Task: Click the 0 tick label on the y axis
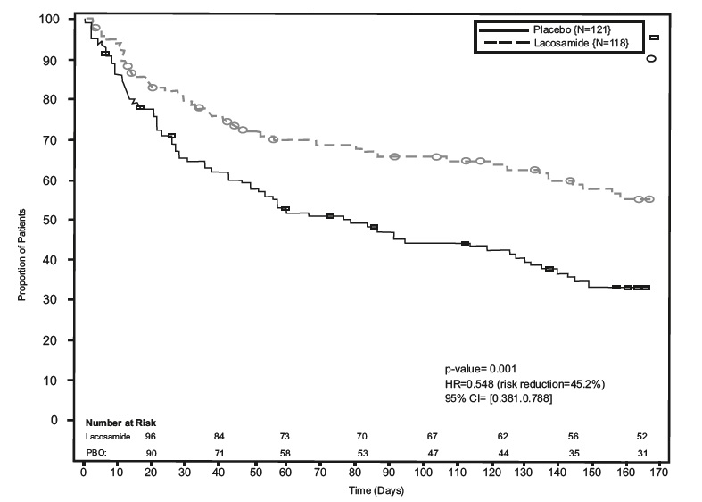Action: tap(56, 420)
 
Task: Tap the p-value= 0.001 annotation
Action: tap(475, 369)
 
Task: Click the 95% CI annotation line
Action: tap(498, 397)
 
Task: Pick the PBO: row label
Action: tap(95, 453)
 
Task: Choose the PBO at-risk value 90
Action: tap(151, 453)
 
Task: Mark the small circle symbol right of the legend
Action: tap(651, 59)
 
